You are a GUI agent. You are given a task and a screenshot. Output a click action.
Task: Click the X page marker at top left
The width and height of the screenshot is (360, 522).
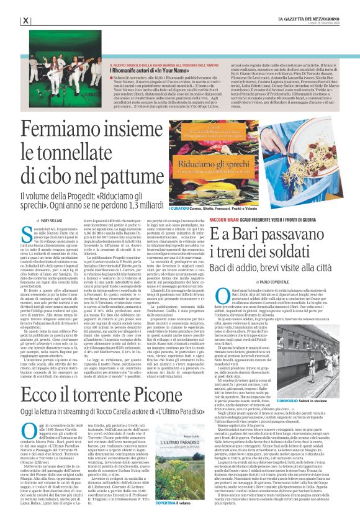25,20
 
